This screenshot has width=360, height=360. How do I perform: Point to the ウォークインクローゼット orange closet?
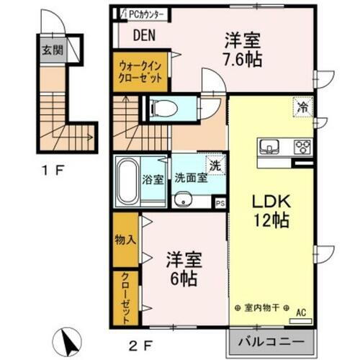click(142, 73)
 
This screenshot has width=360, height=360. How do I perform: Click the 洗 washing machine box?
click(215, 164)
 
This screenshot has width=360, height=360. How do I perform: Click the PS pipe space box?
click(220, 204)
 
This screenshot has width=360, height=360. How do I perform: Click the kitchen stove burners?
click(302, 147)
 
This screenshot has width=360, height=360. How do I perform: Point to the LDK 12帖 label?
click(266, 210)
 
